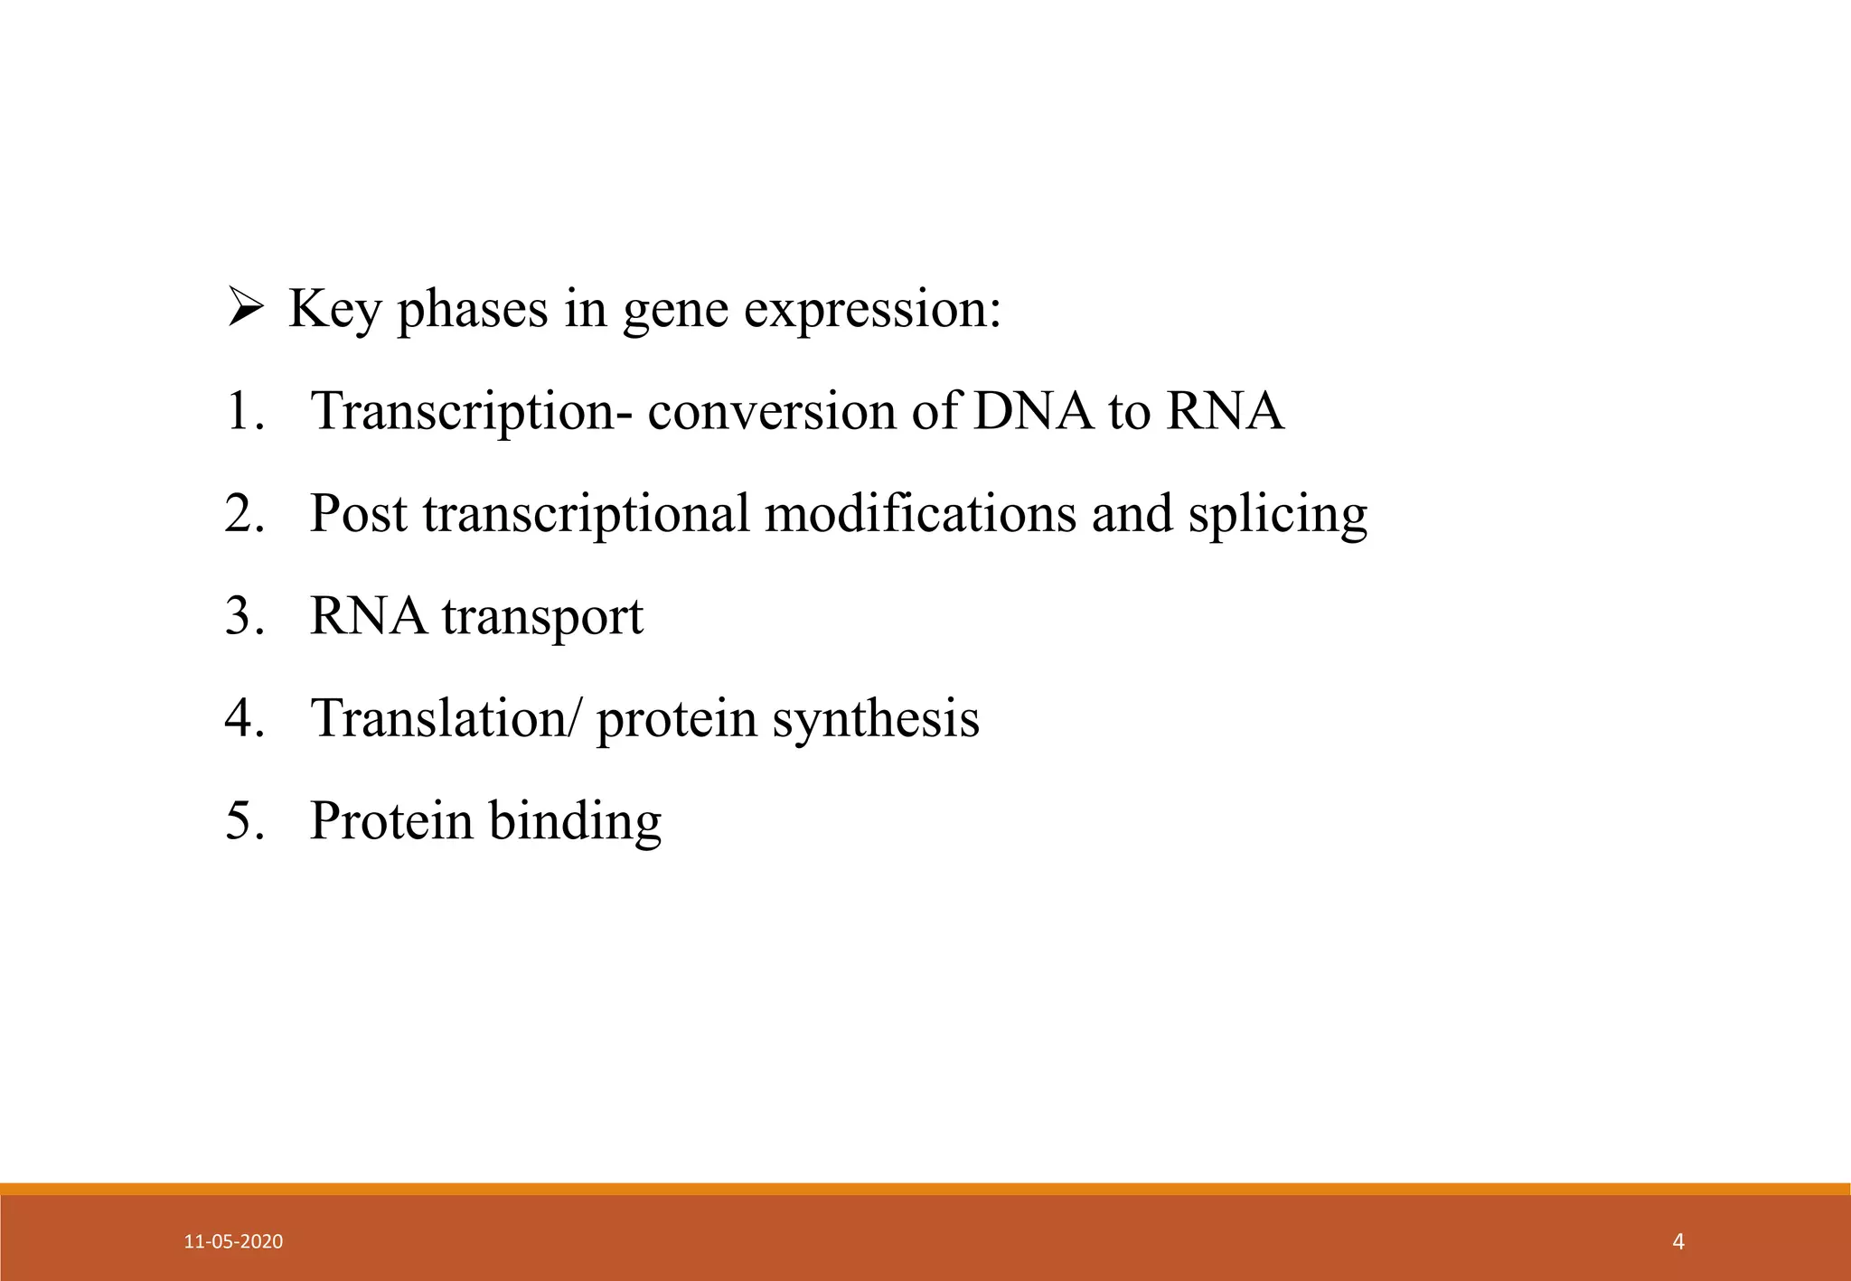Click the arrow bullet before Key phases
click(x=245, y=307)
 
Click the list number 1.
click(x=244, y=411)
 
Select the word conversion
click(x=772, y=411)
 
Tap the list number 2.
click(x=244, y=513)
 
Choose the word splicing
click(x=1277, y=515)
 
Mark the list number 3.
click(x=244, y=616)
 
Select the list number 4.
click(x=244, y=718)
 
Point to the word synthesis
click(x=876, y=720)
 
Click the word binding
click(x=575, y=822)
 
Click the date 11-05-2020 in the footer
click(x=233, y=1241)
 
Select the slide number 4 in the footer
click(x=1678, y=1241)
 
